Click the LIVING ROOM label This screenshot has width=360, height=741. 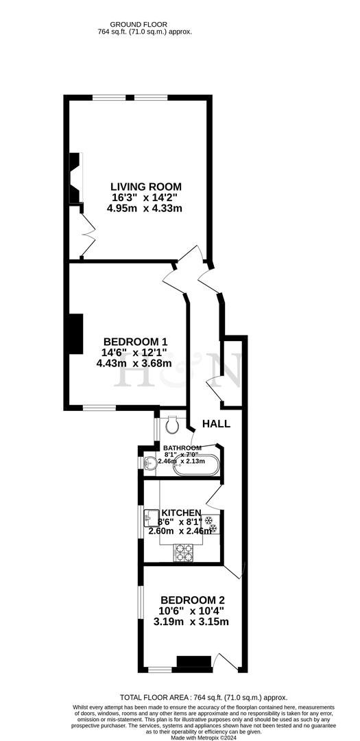(147, 186)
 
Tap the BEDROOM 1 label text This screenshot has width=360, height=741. (135, 342)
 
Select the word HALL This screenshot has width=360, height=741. (216, 424)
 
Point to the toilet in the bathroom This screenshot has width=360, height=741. (173, 425)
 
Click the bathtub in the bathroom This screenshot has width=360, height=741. (196, 466)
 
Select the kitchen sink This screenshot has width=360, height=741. (150, 519)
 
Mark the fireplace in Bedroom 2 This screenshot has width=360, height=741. (193, 662)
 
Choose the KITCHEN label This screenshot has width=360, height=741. (181, 513)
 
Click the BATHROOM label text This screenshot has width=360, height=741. (182, 447)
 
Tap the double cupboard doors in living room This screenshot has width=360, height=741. (87, 239)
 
